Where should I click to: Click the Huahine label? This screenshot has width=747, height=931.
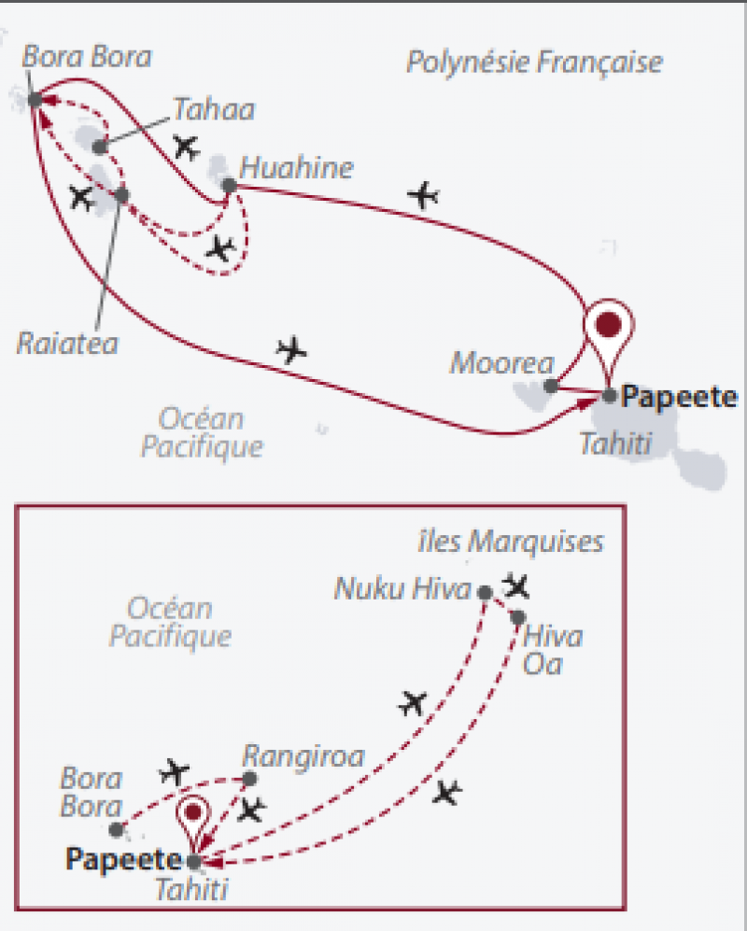click(297, 169)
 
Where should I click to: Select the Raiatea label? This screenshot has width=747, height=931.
click(67, 343)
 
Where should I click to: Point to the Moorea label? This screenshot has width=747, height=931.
click(502, 362)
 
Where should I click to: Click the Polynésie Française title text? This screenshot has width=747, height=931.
click(534, 63)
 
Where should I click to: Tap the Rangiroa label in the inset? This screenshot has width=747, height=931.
click(302, 755)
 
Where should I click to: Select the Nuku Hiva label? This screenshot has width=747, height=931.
click(404, 589)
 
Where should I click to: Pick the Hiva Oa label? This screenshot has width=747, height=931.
click(553, 651)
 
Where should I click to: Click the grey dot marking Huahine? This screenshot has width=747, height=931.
click(229, 185)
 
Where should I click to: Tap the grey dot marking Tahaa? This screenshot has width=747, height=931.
click(101, 146)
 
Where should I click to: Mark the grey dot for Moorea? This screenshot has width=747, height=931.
click(551, 385)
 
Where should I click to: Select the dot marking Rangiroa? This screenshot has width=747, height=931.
click(249, 778)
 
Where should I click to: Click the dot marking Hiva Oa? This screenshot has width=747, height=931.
click(517, 616)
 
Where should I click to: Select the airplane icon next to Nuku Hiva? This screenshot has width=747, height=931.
click(515, 586)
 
